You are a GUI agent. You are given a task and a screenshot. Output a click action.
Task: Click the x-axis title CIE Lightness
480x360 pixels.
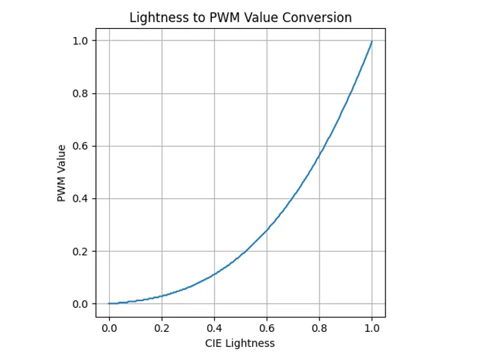pyautogui.click(x=241, y=343)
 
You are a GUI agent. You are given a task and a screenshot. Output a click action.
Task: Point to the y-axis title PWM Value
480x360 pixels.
pyautogui.click(x=62, y=173)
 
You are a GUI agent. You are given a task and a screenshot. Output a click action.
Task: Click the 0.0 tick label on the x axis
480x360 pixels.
pyautogui.click(x=109, y=328)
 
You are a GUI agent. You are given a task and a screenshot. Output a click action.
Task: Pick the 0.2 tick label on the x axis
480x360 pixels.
pyautogui.click(x=162, y=328)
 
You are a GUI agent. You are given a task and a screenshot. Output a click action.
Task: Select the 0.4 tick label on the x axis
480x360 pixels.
pyautogui.click(x=214, y=328)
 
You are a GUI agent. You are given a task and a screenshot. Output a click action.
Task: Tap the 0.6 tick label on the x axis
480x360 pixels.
pyautogui.click(x=267, y=328)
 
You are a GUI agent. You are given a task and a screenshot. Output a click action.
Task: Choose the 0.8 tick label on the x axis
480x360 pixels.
pyautogui.click(x=320, y=328)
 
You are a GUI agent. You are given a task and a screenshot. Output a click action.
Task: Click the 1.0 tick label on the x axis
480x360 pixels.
pyautogui.click(x=372, y=328)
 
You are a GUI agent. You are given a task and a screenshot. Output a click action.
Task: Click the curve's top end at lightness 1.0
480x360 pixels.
pyautogui.click(x=372, y=41)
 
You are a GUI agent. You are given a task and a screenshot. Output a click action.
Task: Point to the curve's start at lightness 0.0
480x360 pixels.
pyautogui.click(x=109, y=304)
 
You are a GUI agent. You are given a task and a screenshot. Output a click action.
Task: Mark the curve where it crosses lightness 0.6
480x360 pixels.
pyautogui.click(x=267, y=230)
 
